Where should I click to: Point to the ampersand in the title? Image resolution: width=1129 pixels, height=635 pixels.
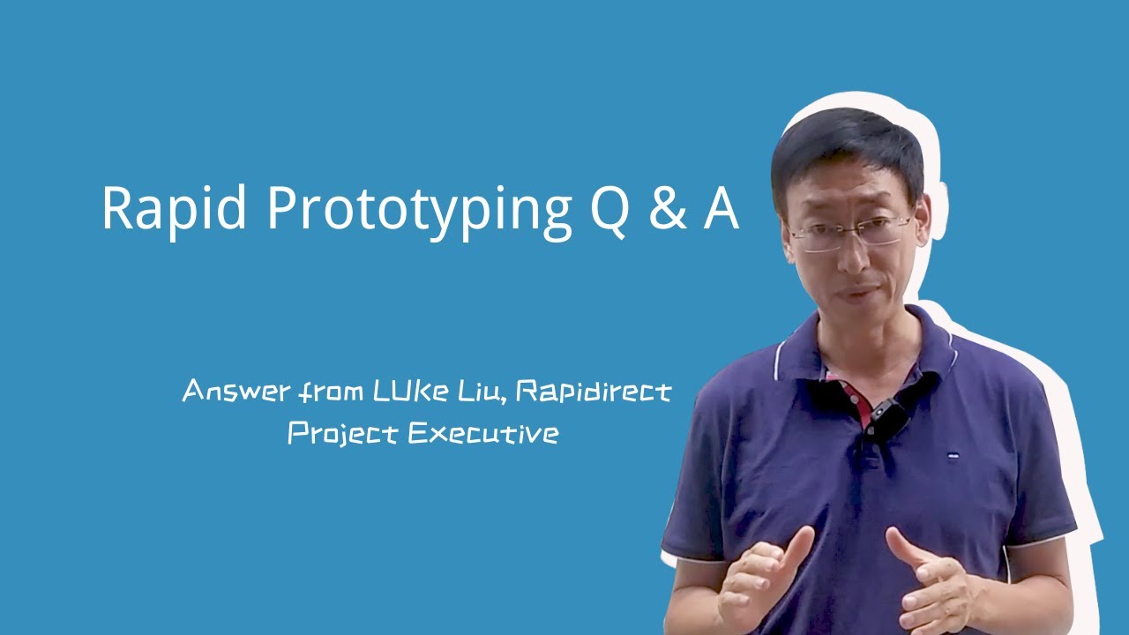666,210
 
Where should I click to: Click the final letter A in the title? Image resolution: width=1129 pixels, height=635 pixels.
721,209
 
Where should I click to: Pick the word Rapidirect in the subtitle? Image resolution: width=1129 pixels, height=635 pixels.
593,391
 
